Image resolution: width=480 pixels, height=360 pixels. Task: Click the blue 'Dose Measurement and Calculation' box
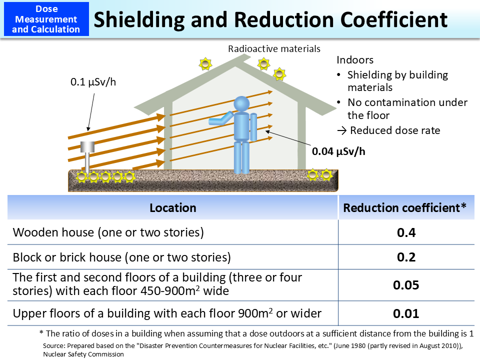pyautogui.click(x=46, y=19)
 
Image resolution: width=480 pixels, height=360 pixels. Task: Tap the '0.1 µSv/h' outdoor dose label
pyautogui.click(x=92, y=81)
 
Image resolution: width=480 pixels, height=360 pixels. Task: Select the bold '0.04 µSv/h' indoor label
pyautogui.click(x=338, y=151)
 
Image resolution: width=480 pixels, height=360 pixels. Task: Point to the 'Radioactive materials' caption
pyautogui.click(x=274, y=49)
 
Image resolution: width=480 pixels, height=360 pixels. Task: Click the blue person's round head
pyautogui.click(x=241, y=104)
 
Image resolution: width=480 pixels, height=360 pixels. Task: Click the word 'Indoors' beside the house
pyautogui.click(x=354, y=60)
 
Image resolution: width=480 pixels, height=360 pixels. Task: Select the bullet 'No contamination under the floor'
pyautogui.click(x=407, y=108)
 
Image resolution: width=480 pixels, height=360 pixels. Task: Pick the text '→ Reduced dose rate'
pyautogui.click(x=388, y=130)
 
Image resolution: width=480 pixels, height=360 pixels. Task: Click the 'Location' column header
pyautogui.click(x=173, y=207)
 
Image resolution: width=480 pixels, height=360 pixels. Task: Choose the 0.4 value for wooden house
pyautogui.click(x=405, y=232)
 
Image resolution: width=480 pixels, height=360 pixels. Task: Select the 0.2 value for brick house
pyautogui.click(x=405, y=257)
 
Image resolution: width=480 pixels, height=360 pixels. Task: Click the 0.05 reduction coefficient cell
pyautogui.click(x=405, y=285)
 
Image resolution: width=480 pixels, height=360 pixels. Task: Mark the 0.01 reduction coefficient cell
pyautogui.click(x=405, y=313)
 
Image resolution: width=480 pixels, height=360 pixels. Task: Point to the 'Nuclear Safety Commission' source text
pyautogui.click(x=83, y=354)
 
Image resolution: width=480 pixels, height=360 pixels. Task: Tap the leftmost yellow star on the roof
pyautogui.click(x=205, y=64)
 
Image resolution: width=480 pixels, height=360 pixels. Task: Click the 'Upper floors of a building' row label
pyautogui.click(x=166, y=313)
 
